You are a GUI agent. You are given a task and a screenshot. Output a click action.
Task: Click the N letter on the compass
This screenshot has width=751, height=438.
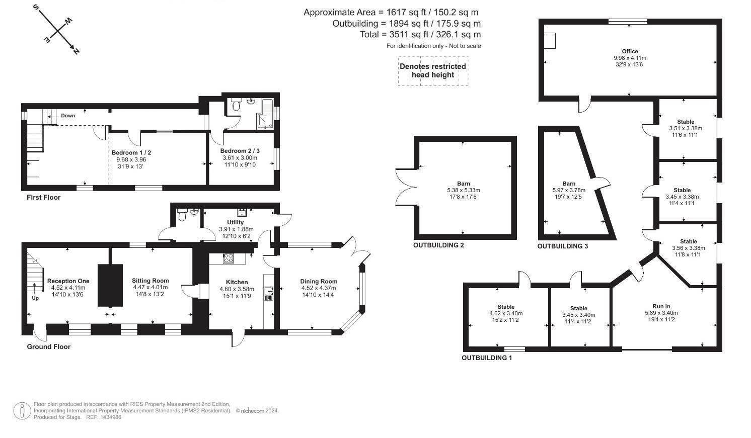pyautogui.click(x=76, y=51)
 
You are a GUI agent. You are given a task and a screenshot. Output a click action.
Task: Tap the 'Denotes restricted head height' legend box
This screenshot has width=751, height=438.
pyautogui.click(x=433, y=71)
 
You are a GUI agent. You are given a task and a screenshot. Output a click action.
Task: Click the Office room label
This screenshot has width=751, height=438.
pyautogui.click(x=630, y=51)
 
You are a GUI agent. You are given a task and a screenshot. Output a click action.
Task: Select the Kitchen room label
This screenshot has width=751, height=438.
pyautogui.click(x=237, y=282)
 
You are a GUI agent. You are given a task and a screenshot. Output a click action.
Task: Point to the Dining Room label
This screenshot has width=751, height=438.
pyautogui.click(x=319, y=281)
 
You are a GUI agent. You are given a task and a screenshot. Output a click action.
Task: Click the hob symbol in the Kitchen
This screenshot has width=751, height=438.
pyautogui.click(x=229, y=258)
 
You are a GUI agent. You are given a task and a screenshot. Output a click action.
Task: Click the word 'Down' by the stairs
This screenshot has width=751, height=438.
pyautogui.click(x=68, y=116)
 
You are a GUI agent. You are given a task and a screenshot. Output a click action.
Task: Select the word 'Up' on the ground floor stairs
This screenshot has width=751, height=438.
pyautogui.click(x=35, y=298)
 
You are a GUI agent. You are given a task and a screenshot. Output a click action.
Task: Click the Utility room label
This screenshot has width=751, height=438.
pyautogui.click(x=236, y=222)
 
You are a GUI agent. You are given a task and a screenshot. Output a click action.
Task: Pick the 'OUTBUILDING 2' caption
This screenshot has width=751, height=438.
pyautogui.click(x=438, y=245)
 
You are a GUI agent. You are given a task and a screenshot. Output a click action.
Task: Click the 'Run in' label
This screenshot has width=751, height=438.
pyautogui.click(x=661, y=306)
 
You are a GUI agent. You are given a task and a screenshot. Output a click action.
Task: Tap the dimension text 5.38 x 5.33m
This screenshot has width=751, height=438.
pyautogui.click(x=464, y=190)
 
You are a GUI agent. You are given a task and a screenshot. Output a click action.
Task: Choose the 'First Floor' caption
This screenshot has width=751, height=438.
pyautogui.click(x=44, y=197)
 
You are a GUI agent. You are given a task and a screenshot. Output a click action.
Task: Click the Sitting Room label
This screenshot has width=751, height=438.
pyautogui.click(x=150, y=281)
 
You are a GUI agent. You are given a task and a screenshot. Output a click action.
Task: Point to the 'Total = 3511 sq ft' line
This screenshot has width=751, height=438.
pyautogui.click(x=420, y=34)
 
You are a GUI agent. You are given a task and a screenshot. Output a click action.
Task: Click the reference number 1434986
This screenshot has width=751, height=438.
pyautogui.click(x=110, y=417)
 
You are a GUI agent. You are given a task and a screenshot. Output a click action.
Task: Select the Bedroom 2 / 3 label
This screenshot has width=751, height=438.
pyautogui.click(x=240, y=151)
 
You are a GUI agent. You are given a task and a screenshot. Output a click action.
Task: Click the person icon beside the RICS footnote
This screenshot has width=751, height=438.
pyautogui.click(x=22, y=410)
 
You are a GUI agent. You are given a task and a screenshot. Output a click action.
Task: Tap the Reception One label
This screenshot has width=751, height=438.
pyautogui.click(x=68, y=281)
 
